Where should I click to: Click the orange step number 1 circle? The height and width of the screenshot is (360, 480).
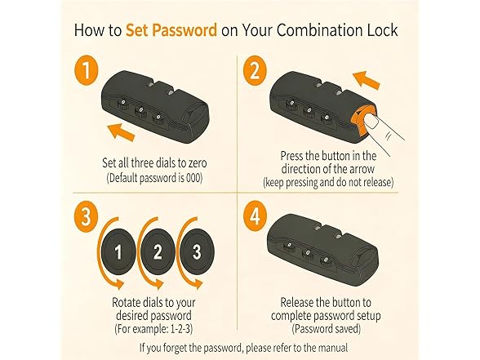(87, 70)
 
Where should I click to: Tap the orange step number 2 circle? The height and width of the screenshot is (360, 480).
(255, 71)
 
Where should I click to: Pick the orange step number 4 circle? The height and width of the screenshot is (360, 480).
(255, 217)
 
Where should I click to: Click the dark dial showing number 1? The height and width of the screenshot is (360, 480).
(118, 251)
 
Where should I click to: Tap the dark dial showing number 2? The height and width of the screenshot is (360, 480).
(158, 251)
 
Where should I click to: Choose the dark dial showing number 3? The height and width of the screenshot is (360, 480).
(197, 251)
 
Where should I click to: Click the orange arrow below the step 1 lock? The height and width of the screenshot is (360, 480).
(122, 132)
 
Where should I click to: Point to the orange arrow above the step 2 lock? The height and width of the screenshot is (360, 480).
(366, 80)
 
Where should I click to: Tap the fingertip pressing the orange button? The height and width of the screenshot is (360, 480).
(371, 120)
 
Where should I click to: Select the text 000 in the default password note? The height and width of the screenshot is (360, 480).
(194, 178)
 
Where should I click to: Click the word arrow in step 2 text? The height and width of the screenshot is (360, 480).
(362, 169)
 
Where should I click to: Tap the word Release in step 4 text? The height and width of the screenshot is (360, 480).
(297, 302)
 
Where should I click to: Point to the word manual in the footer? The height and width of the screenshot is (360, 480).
(333, 348)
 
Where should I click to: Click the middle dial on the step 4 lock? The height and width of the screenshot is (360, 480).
(307, 254)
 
